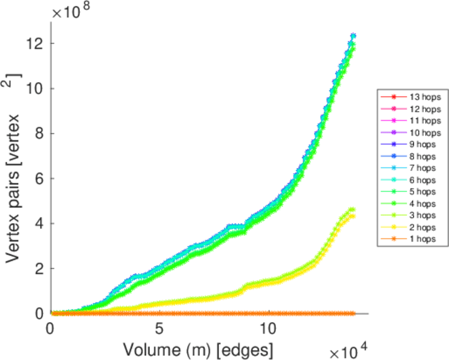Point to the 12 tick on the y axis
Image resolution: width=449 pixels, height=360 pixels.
[37, 43]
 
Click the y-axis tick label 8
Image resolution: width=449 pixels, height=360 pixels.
[40, 133]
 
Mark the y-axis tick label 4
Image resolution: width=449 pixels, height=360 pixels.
[40, 223]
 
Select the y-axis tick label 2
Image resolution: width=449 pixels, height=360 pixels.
[40, 268]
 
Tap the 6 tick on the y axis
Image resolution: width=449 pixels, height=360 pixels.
[40, 178]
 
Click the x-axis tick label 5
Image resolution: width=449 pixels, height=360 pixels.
[159, 329]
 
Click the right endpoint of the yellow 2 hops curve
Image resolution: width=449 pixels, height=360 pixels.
[353, 216]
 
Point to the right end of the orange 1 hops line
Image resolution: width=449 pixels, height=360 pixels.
[353, 313]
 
